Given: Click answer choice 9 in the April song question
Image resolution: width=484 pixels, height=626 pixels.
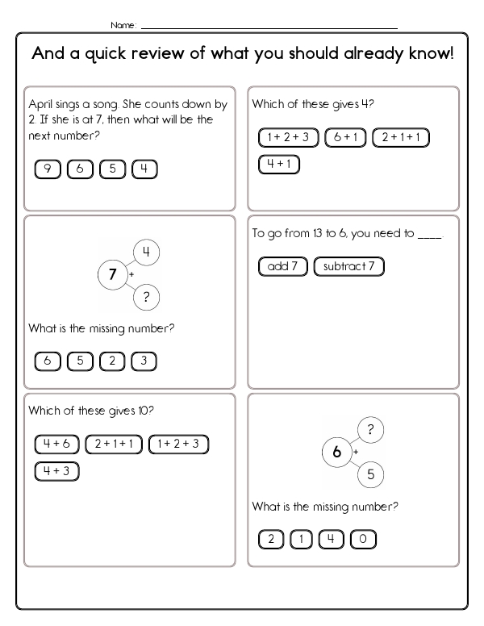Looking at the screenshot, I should coord(48,169).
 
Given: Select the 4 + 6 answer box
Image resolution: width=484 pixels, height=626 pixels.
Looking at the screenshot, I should coord(56,444).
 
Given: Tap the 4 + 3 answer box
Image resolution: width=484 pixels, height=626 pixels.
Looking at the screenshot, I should coord(56,471).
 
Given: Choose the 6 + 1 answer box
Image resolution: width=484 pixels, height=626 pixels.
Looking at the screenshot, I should coord(345,138).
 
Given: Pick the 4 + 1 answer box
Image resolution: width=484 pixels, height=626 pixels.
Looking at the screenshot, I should coord(279,165).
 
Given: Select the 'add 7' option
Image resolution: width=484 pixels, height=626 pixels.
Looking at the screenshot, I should coord(283,266).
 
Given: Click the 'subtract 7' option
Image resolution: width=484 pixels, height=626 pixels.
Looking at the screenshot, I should coord(348,266).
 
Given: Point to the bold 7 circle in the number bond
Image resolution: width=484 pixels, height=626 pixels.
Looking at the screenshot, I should coord(112,274).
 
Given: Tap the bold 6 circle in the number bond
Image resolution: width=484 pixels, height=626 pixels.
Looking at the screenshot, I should coord(336,452).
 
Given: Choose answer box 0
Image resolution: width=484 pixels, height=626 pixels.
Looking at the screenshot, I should coord(364,540).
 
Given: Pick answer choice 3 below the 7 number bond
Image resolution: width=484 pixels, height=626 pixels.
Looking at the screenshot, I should coord(144,361).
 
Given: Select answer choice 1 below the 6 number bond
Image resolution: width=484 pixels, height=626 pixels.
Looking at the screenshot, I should coord(302,540).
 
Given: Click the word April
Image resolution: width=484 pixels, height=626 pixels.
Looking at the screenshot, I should coord(41,104).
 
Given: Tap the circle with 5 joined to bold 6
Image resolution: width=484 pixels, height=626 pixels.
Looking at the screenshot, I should coord(370,474).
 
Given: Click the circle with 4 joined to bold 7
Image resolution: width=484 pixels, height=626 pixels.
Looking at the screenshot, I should coord(146,252).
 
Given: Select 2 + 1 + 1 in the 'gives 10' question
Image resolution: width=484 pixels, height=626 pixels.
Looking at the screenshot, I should coord(114,444).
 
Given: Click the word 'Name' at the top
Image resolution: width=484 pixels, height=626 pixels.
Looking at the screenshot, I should coord(123,25).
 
